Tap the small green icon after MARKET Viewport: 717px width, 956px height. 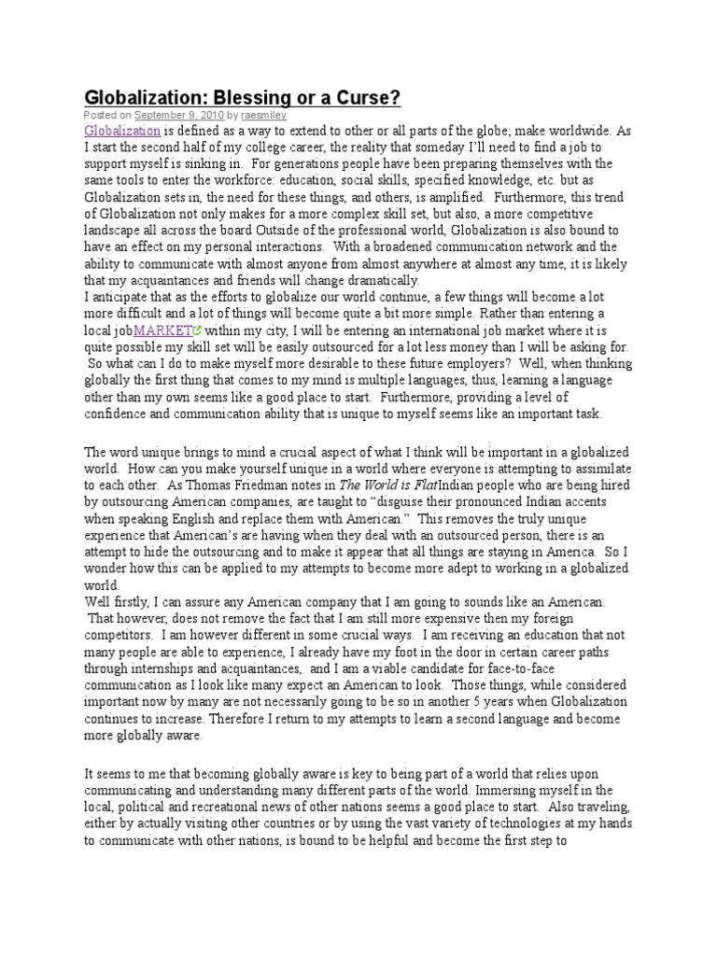pos(198,330)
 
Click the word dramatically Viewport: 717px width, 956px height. pos(373,280)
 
